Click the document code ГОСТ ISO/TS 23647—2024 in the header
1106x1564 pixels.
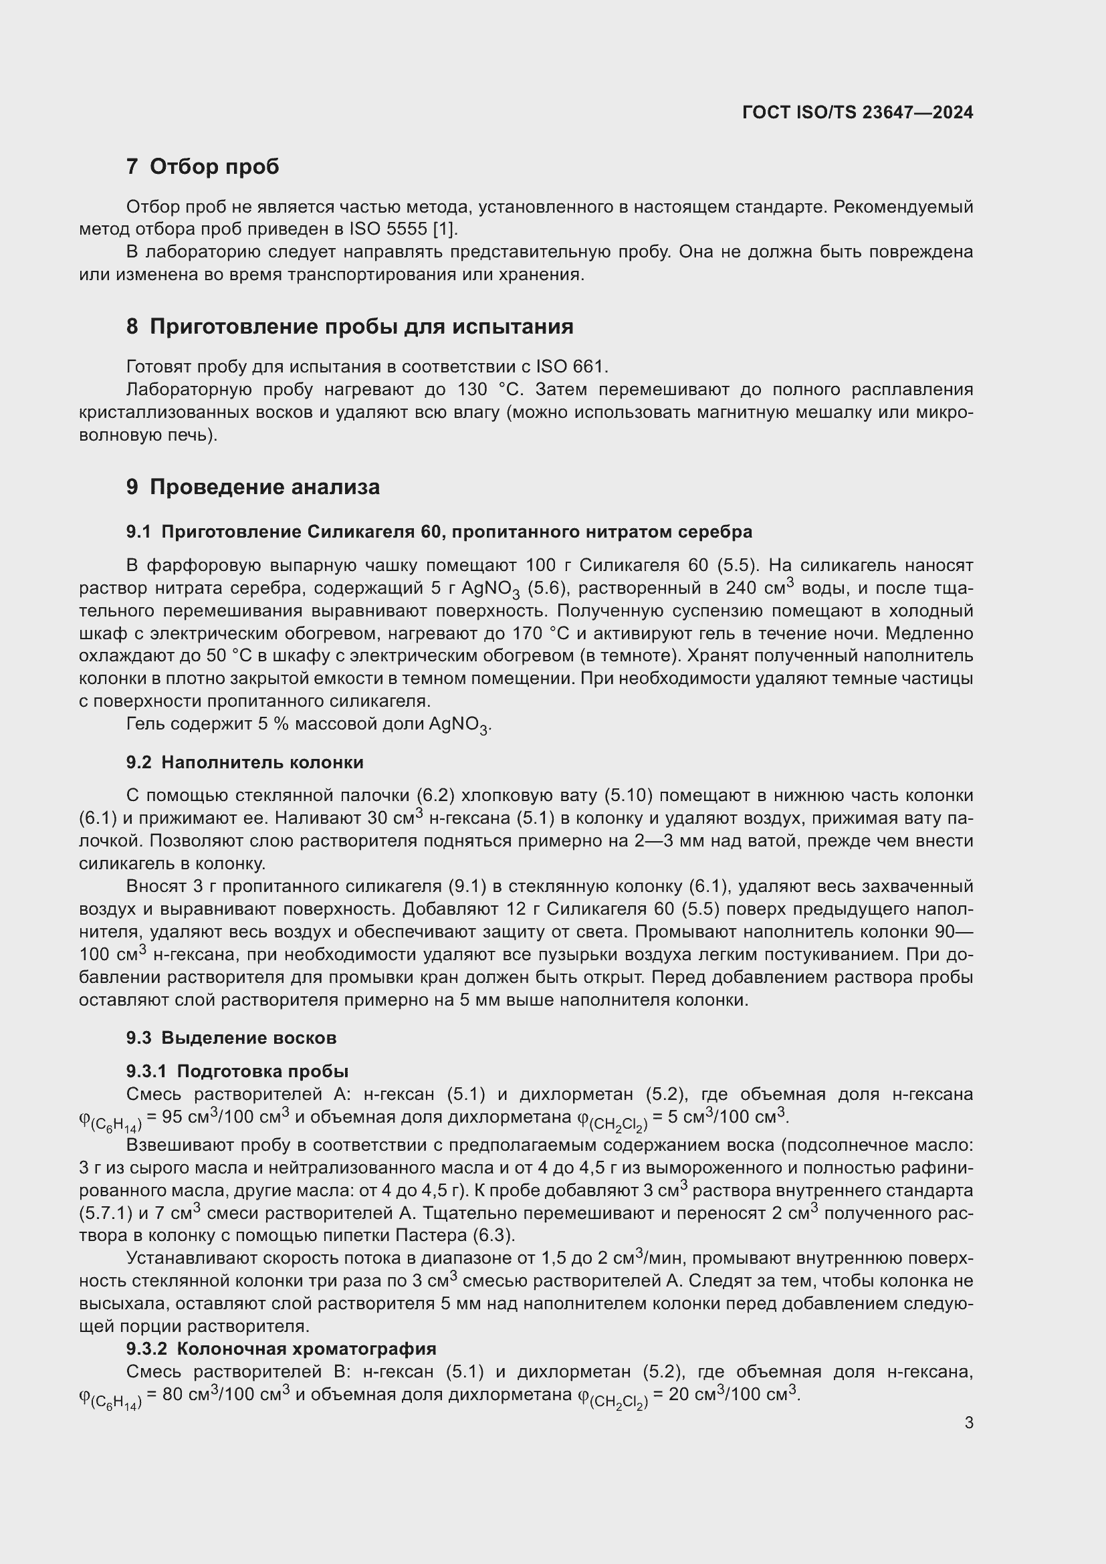tap(857, 112)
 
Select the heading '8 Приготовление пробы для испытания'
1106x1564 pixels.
tap(349, 326)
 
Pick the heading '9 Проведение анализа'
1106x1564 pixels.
tap(253, 486)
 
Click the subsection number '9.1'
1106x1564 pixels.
tap(138, 532)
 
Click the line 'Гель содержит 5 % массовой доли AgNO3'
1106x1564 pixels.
tap(308, 724)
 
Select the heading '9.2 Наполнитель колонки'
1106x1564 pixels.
tap(245, 762)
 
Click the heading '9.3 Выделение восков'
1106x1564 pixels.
tap(231, 1038)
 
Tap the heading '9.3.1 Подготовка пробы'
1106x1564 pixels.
tap(237, 1071)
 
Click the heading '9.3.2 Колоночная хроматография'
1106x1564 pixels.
tap(281, 1349)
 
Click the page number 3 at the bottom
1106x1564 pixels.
tap(968, 1422)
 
